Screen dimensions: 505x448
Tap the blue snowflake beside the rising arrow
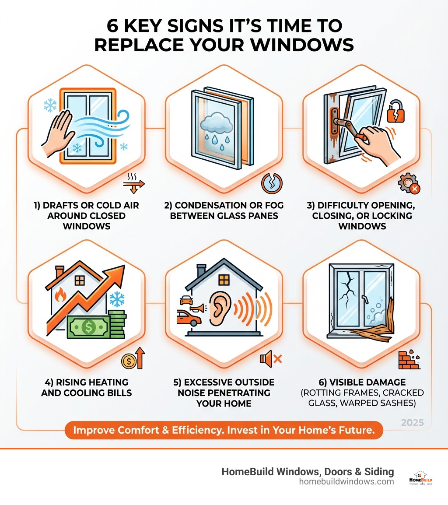tap(117, 299)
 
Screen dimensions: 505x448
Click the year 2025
tap(412, 423)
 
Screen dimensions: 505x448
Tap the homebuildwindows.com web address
tap(346, 481)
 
